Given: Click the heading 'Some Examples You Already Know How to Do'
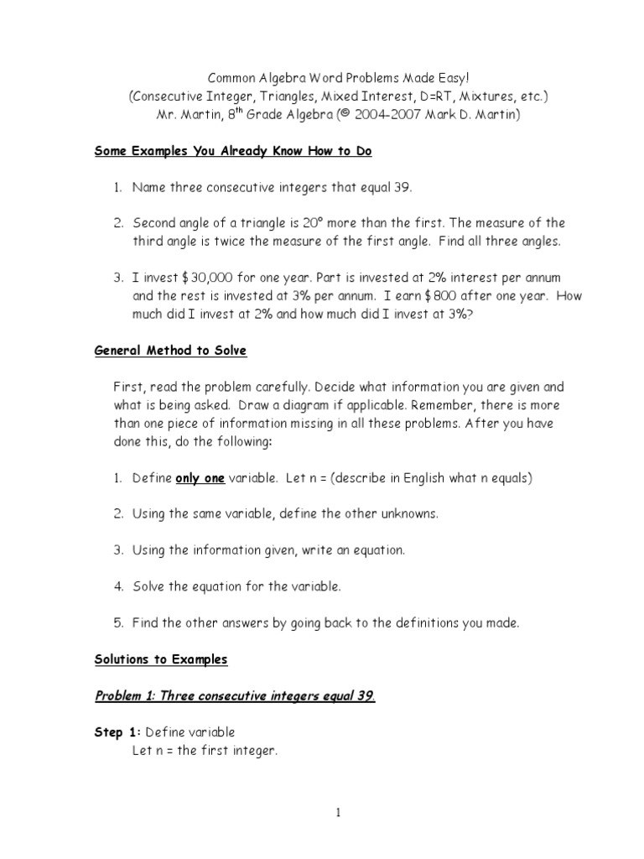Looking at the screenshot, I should click(x=232, y=152).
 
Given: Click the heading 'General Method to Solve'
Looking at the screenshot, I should click(x=170, y=351).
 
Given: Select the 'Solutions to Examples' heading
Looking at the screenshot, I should click(x=160, y=659).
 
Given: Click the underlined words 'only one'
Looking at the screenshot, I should click(x=200, y=478).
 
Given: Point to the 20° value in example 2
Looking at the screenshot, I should click(x=295, y=223).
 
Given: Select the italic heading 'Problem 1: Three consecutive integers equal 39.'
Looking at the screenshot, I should click(x=235, y=695).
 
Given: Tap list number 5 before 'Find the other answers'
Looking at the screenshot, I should click(x=118, y=622).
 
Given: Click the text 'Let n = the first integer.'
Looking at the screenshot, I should click(x=204, y=751).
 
